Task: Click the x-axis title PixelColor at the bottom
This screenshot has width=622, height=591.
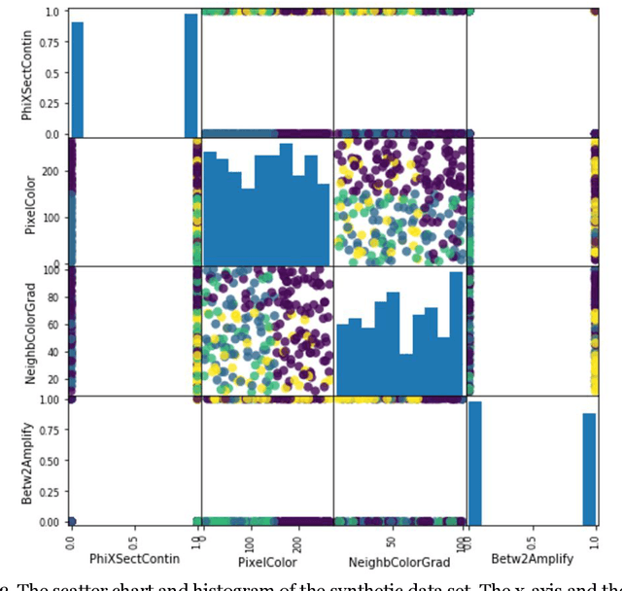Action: pos(266,561)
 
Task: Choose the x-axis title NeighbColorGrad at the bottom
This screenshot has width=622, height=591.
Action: pos(399,561)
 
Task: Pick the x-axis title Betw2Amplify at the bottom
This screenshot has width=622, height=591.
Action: pos(533,561)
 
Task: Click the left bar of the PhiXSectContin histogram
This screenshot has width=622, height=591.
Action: pos(77,78)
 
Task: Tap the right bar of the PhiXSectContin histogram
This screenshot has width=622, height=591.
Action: pos(191,74)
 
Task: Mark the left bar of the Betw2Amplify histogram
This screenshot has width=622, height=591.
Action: pos(475,463)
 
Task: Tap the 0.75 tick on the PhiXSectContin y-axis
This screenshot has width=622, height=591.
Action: pos(55,42)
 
